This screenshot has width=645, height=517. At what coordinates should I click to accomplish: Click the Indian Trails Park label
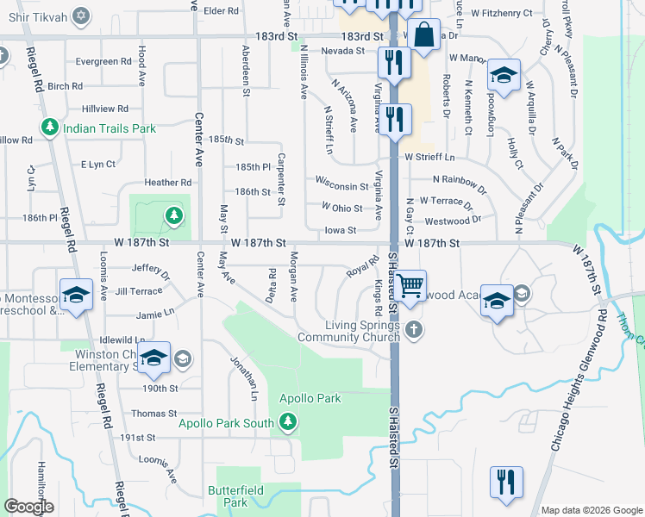click(x=108, y=128)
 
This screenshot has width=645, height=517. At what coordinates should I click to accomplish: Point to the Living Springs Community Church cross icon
click(x=415, y=329)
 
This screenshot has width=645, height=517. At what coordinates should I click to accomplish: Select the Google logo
click(x=29, y=507)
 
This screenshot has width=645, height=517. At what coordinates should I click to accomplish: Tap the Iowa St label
click(x=341, y=230)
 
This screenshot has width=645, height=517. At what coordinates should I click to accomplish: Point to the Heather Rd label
click(x=168, y=183)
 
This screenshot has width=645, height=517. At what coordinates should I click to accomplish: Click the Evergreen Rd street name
click(x=103, y=62)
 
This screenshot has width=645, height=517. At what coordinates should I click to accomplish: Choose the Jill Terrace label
click(x=138, y=291)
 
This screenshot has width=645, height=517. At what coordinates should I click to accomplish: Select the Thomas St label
click(x=153, y=414)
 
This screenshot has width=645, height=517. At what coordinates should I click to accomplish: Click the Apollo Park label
click(x=310, y=398)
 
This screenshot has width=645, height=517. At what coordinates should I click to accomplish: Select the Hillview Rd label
click(x=105, y=109)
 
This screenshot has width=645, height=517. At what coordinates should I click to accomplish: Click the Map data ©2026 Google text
click(x=591, y=509)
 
